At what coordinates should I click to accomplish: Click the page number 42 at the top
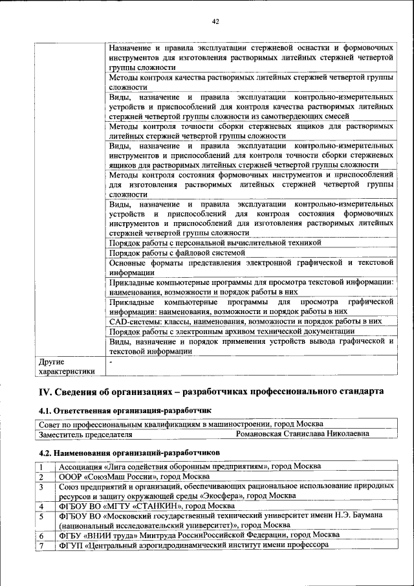(x=215, y=21)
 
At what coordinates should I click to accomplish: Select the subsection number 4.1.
(x=46, y=411)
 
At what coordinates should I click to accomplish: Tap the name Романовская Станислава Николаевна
(x=303, y=433)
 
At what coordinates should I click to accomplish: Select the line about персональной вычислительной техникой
(x=215, y=243)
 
